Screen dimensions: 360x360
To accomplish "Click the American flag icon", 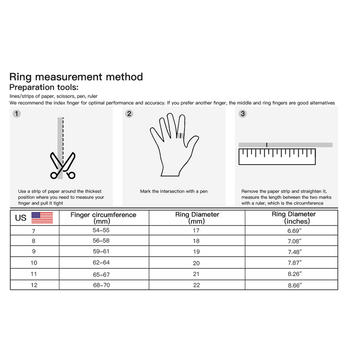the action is click(x=42, y=218).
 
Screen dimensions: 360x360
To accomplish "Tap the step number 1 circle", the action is click(x=17, y=114).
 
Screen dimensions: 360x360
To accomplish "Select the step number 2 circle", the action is click(x=129, y=114).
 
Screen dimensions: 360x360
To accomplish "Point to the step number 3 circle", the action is click(x=243, y=114).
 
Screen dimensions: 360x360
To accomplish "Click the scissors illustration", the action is click(x=63, y=165).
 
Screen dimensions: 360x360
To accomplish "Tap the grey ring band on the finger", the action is click(x=180, y=135).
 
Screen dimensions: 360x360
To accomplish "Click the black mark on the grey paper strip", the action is click(x=266, y=145).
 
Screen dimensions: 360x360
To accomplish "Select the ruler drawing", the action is click(x=277, y=157).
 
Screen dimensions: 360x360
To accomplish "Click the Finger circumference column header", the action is click(x=103, y=218).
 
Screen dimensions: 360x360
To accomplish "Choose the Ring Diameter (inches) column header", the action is click(x=294, y=218).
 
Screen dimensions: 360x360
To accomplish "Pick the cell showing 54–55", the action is click(x=101, y=230).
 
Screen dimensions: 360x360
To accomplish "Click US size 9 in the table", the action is click(x=34, y=252).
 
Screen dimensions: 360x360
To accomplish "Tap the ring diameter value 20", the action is click(x=196, y=263).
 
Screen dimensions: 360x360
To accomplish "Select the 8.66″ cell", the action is click(x=295, y=285).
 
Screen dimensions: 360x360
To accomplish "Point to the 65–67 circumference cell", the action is click(x=101, y=274).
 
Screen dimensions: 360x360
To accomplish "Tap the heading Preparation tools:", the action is click(x=44, y=87).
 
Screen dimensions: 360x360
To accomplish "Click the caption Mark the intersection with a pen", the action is click(x=174, y=191).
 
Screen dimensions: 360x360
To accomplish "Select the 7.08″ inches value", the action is click(x=295, y=241).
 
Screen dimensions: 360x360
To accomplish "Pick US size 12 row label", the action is click(x=34, y=285).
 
